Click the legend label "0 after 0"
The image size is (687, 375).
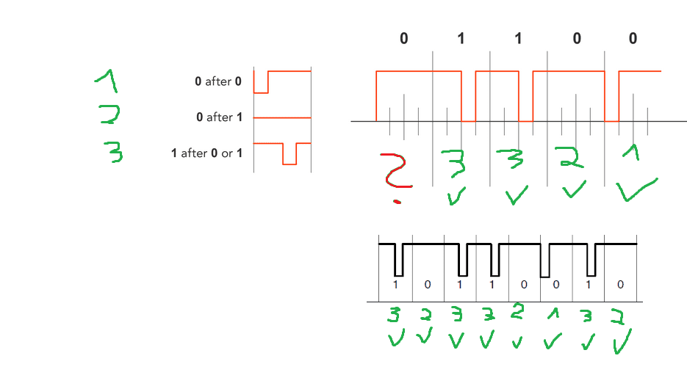click(217, 81)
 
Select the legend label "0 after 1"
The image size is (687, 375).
click(217, 117)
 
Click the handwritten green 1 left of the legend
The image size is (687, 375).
click(107, 80)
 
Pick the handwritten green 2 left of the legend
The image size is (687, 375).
click(109, 115)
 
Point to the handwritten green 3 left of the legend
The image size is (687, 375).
click(112, 152)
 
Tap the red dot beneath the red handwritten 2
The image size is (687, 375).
click(398, 201)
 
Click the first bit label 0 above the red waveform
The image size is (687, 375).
click(403, 39)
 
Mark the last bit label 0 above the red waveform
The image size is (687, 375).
click(633, 39)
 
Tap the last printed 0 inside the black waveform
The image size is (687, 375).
click(620, 285)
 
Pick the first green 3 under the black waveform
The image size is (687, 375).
click(395, 316)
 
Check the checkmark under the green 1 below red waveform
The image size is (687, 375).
click(636, 190)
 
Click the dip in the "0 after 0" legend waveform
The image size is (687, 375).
click(261, 86)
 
